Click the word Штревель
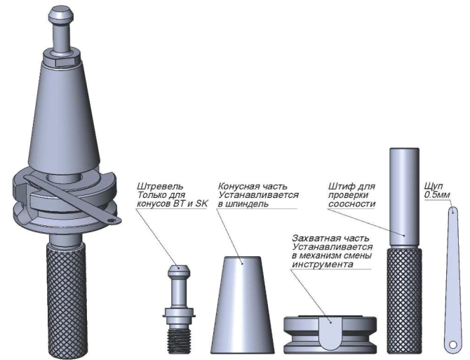pyautogui.click(x=160, y=187)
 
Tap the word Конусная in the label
pyautogui.click(x=237, y=186)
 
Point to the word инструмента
pyautogui.click(x=323, y=265)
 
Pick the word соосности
pyautogui.click(x=351, y=204)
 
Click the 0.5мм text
pyautogui.click(x=437, y=195)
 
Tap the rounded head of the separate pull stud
pyautogui.click(x=179, y=270)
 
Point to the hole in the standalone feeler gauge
pyautogui.click(x=452, y=345)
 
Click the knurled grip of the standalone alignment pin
pyautogui.click(x=404, y=300)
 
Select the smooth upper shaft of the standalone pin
pyautogui.click(x=404, y=197)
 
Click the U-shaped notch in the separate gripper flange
pyautogui.click(x=330, y=333)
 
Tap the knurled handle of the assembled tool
pyautogui.click(x=67, y=300)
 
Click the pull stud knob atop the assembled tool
pyautogui.click(x=61, y=15)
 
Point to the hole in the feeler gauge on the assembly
pyautogui.click(x=112, y=220)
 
